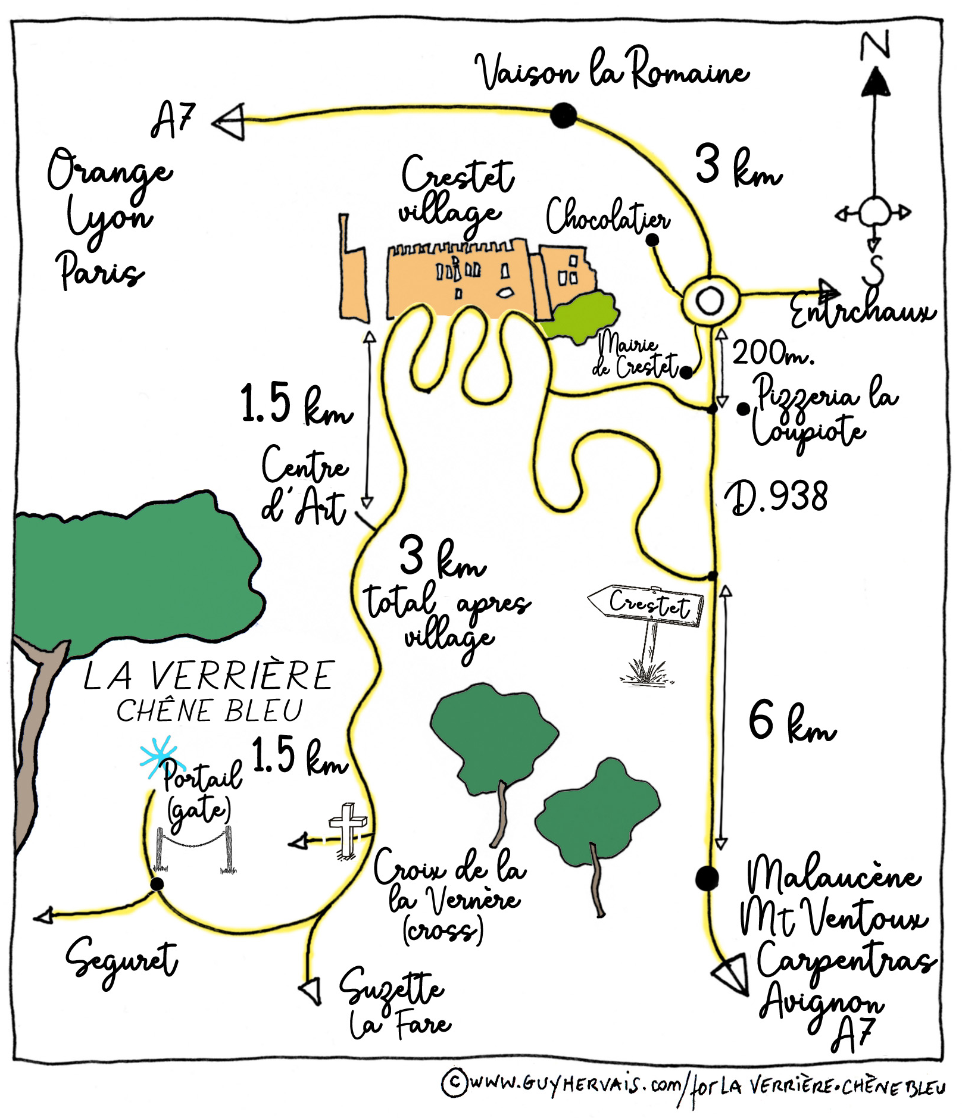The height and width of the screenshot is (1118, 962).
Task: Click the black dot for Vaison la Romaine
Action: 563,115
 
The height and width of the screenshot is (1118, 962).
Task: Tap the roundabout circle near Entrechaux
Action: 710,299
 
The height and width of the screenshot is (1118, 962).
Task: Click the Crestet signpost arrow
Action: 645,605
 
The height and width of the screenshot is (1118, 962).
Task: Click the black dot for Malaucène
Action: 707,878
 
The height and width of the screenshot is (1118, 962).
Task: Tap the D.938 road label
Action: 776,497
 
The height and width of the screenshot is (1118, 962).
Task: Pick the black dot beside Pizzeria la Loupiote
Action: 743,409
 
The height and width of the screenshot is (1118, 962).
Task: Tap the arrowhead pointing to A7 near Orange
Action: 229,121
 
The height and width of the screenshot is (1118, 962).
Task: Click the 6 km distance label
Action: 792,722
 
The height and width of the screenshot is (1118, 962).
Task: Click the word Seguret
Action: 121,959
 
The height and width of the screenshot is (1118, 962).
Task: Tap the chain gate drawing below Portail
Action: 194,849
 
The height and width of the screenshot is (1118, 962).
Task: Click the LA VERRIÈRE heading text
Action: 208,676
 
